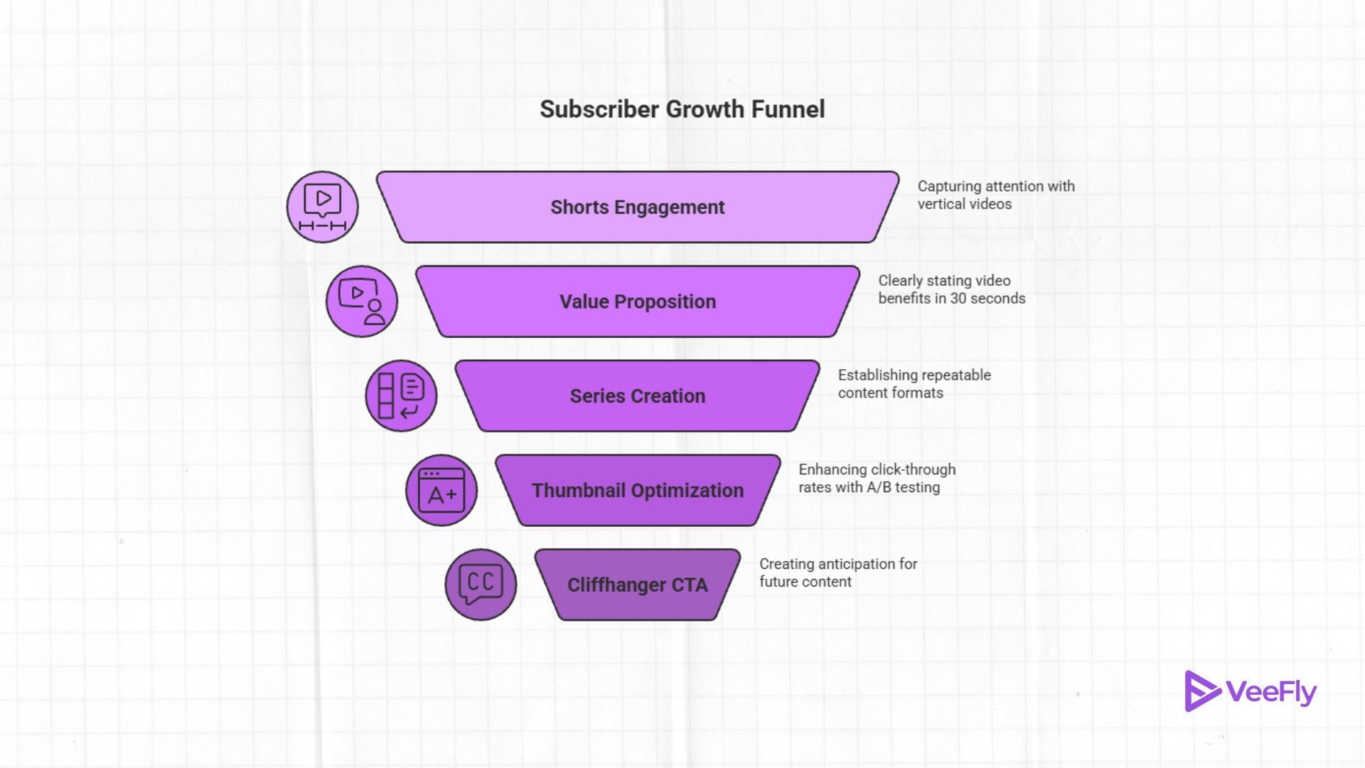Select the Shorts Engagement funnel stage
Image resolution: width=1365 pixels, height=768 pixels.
638,207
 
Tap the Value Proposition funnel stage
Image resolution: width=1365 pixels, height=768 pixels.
638,302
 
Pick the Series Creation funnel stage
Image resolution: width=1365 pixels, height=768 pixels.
638,396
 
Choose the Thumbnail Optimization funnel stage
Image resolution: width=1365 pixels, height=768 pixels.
638,491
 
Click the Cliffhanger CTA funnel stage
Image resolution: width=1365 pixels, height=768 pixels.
638,585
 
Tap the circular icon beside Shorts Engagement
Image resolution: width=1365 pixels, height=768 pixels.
322,207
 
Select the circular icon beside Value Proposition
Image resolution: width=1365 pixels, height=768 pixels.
362,302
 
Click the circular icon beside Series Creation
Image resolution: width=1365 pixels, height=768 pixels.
401,396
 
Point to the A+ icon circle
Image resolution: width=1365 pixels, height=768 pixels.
441,491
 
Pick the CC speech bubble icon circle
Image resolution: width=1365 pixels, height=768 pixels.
481,585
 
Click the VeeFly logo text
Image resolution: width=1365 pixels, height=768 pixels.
1271,692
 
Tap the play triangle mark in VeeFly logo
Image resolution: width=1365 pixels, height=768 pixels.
1201,690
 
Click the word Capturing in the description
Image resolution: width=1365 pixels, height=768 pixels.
949,186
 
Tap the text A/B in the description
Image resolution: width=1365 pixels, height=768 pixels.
878,488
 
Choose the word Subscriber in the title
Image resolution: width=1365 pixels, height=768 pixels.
599,110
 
